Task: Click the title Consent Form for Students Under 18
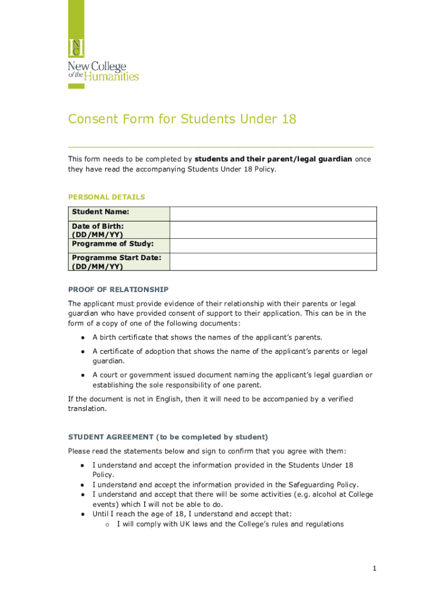click(182, 119)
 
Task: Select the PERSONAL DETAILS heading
click(106, 197)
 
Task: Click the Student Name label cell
click(119, 213)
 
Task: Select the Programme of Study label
click(112, 244)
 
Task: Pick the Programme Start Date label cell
click(119, 262)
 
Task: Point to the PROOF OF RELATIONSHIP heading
click(118, 289)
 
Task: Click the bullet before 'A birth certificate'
click(84, 338)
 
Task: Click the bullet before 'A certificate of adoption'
click(84, 351)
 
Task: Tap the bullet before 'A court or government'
click(84, 375)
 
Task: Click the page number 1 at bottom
click(374, 569)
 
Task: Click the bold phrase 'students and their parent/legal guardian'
click(273, 159)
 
